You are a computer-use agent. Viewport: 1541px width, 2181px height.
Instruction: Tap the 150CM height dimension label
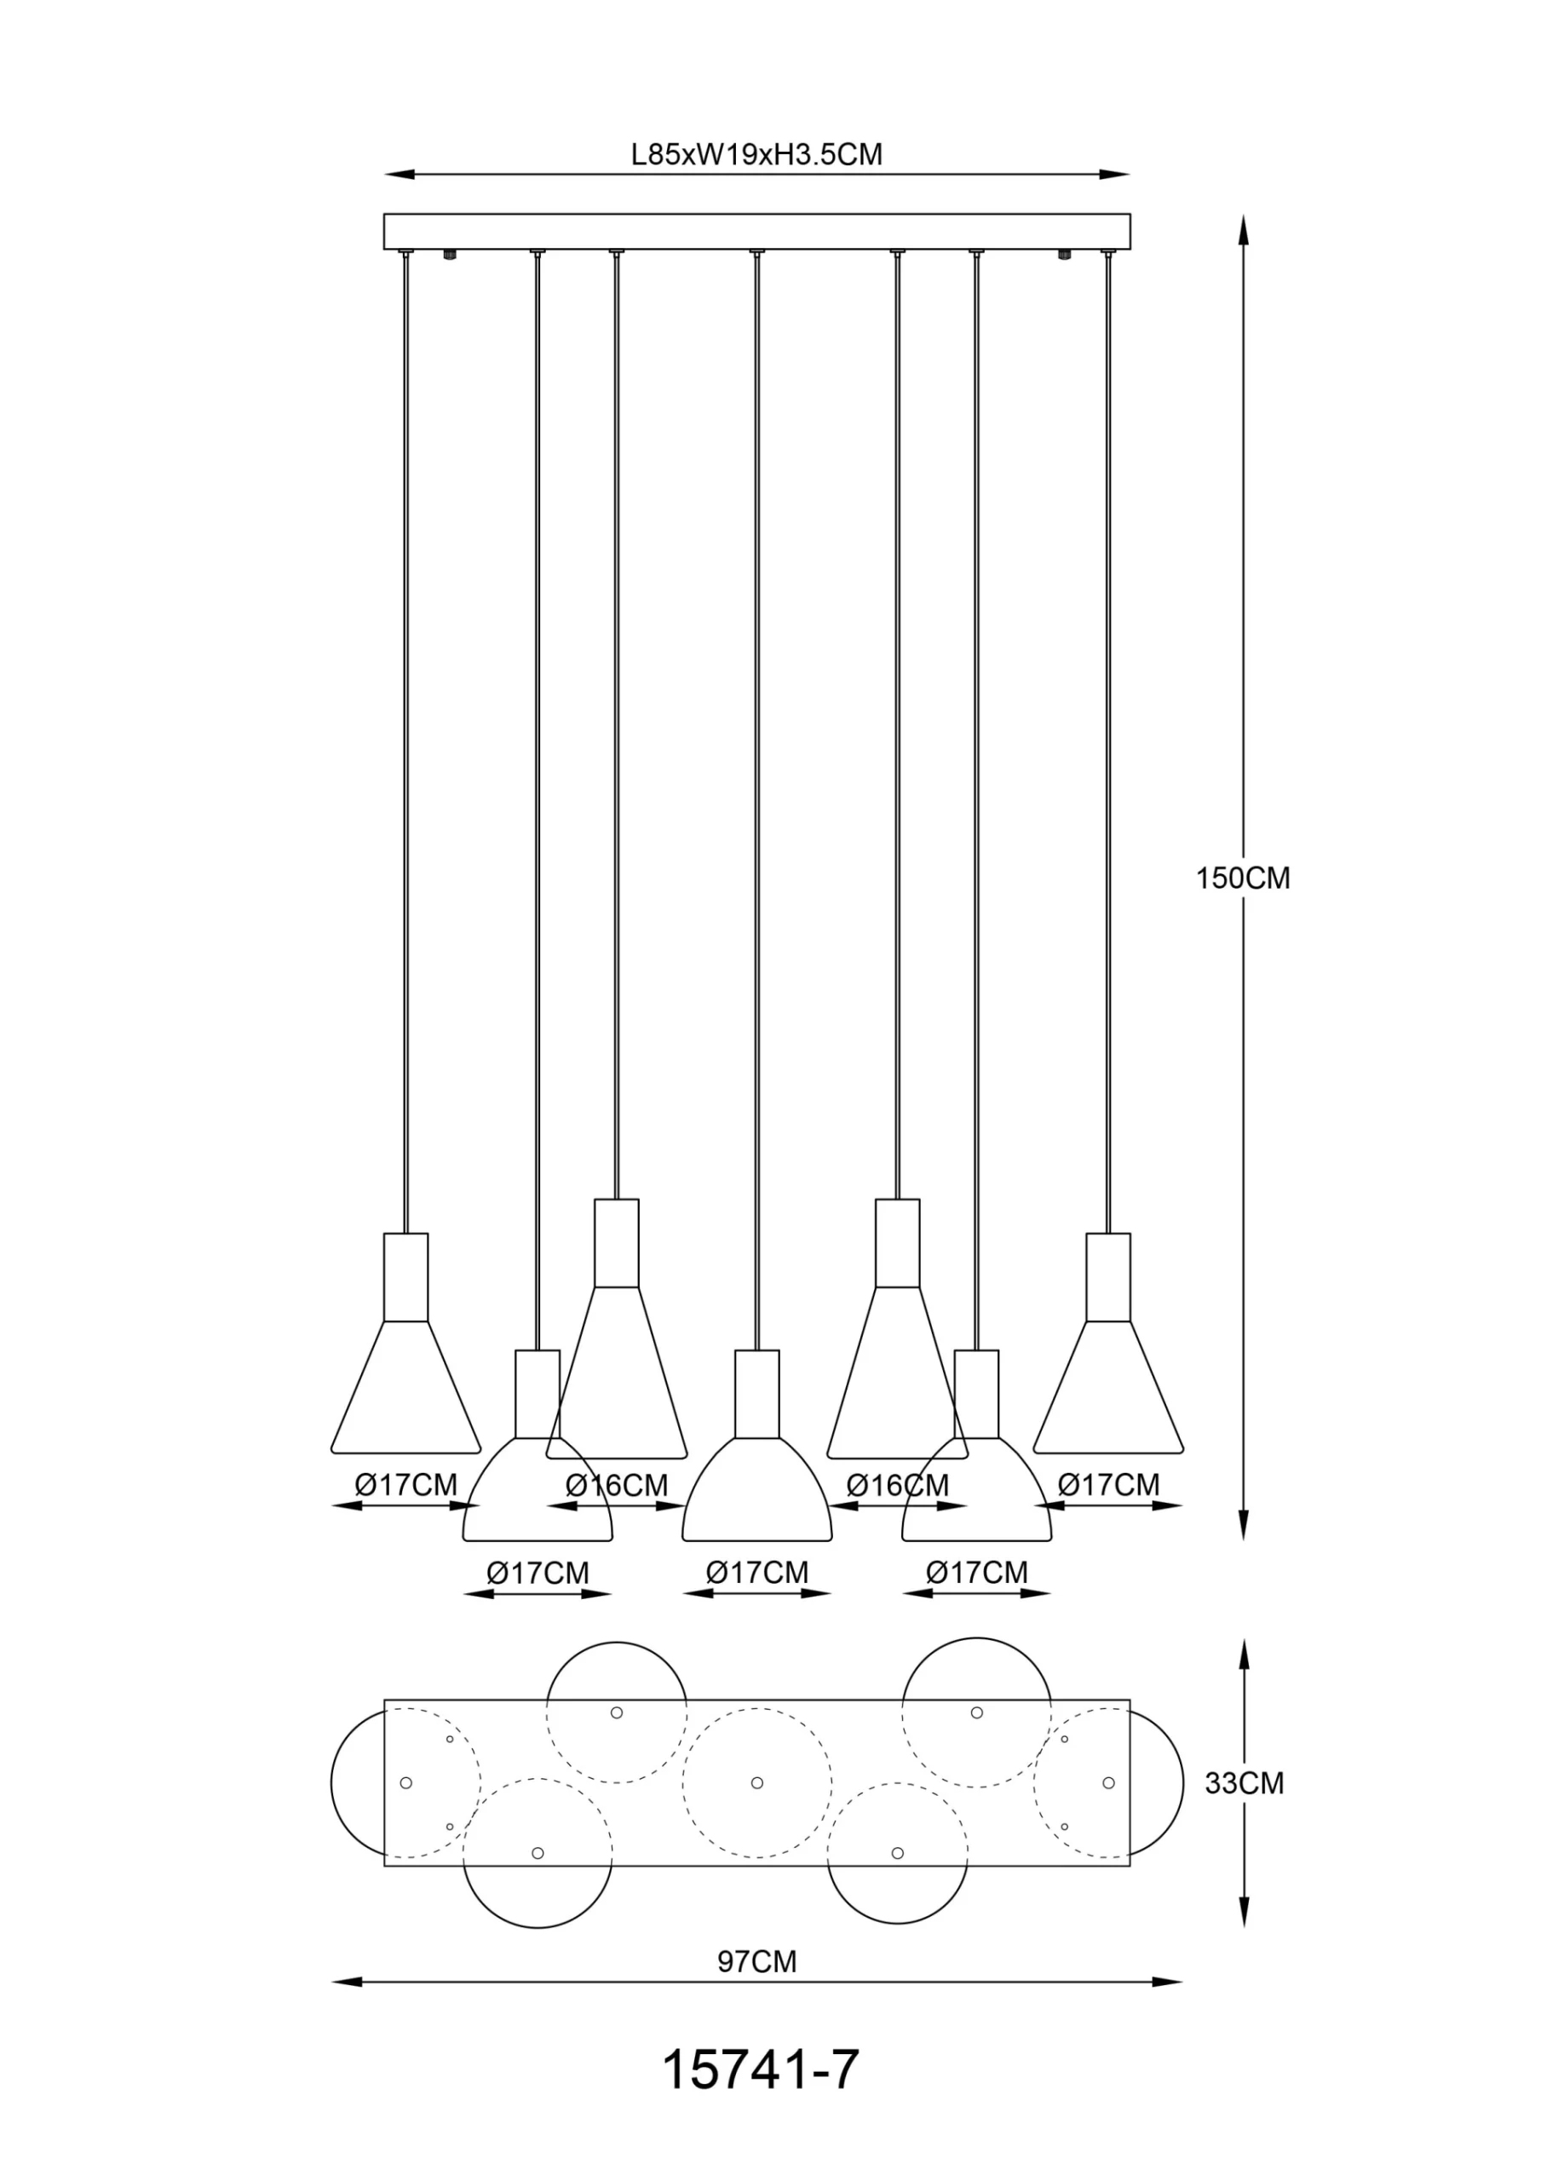pyautogui.click(x=1243, y=878)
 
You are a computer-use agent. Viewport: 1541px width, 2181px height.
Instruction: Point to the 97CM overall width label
pyautogui.click(x=757, y=1960)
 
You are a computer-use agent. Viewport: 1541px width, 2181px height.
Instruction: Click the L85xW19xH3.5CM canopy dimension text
pyautogui.click(x=757, y=154)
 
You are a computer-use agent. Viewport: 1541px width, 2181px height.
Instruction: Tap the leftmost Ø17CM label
pyautogui.click(x=405, y=1485)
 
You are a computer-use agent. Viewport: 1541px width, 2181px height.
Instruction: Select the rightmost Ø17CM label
pyautogui.click(x=1109, y=1485)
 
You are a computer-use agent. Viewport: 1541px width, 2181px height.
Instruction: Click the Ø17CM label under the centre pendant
pyautogui.click(x=757, y=1572)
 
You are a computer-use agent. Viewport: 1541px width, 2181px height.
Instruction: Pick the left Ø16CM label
pyautogui.click(x=617, y=1485)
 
